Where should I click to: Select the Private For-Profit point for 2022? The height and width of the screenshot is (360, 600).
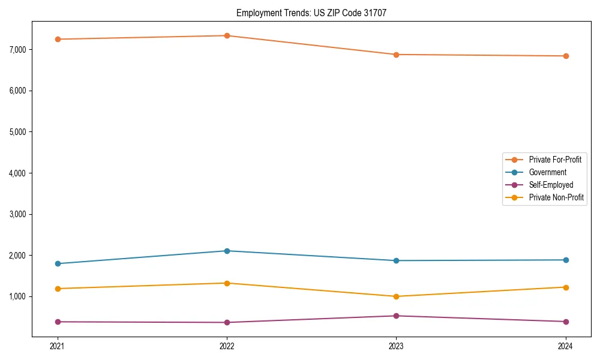point(227,35)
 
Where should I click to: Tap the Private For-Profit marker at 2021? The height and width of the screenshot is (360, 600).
point(58,39)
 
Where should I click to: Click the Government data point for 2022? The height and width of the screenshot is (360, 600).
point(227,251)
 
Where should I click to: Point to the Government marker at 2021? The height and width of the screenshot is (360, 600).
point(58,263)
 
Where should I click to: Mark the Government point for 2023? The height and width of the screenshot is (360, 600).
point(396,260)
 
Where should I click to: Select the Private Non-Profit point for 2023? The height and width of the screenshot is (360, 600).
point(396,296)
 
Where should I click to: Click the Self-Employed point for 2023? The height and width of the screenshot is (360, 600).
point(396,316)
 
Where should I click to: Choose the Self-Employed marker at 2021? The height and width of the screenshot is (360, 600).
point(58,322)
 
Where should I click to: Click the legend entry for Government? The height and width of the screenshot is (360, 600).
point(547,172)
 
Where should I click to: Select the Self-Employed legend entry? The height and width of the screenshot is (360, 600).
point(551,185)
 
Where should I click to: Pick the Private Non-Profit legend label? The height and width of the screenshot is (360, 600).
point(556,197)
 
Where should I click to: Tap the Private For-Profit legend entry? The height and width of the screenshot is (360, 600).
point(555,160)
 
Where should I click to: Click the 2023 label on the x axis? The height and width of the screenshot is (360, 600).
point(396,346)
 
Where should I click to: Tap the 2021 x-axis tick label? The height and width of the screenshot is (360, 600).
point(58,346)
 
